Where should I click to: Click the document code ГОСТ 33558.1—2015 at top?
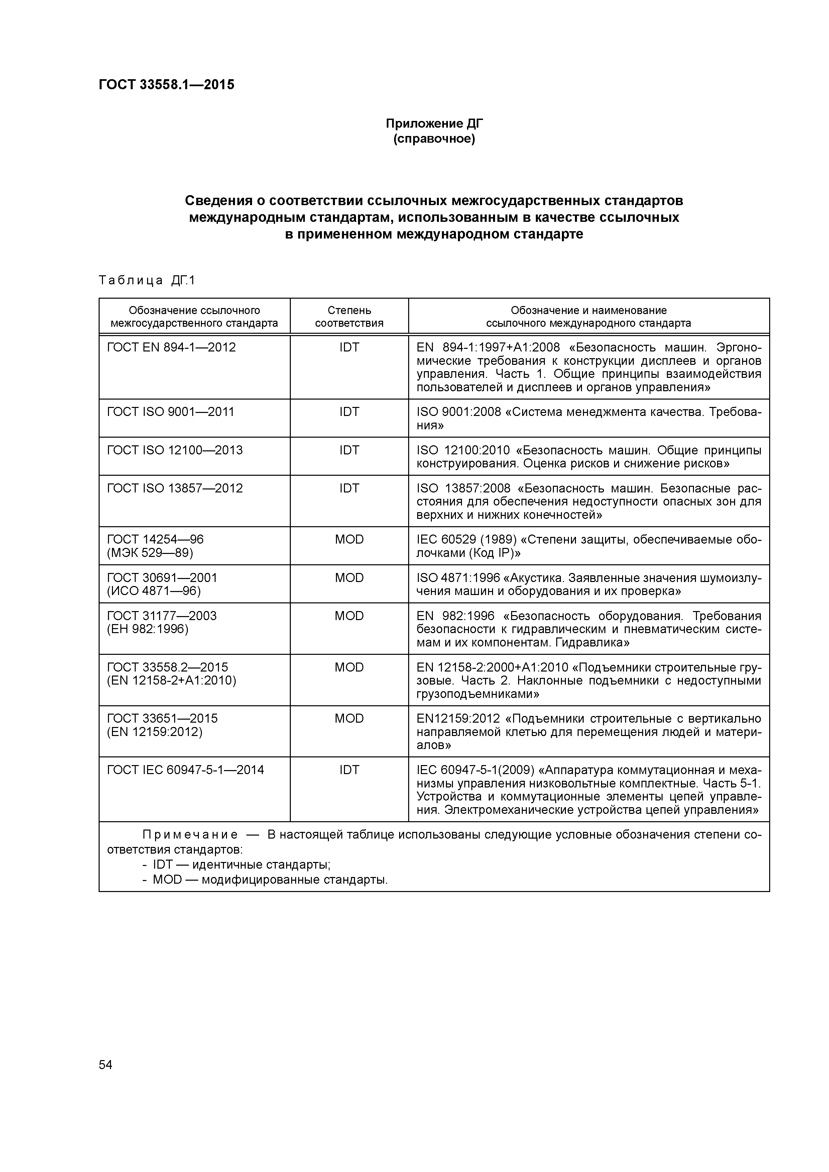(166, 85)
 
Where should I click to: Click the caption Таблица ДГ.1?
(147, 280)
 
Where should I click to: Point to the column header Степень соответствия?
(349, 316)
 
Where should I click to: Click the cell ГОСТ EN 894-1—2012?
(171, 347)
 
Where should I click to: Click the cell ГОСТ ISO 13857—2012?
(175, 488)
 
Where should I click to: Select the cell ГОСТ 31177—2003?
(161, 616)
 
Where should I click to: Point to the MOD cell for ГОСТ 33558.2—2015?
(349, 667)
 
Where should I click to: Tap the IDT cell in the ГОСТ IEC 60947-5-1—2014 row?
(349, 769)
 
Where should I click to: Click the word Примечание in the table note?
(190, 835)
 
